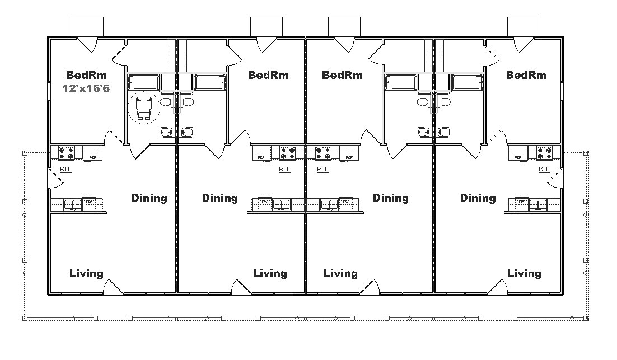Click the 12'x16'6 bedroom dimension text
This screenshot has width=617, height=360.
point(86,88)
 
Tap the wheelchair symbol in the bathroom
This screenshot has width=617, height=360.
point(143,107)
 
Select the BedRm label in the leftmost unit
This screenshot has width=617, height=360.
point(86,74)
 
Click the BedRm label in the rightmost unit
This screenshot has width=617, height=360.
point(526,74)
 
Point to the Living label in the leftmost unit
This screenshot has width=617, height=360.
point(86,273)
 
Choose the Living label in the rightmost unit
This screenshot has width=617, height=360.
point(524,273)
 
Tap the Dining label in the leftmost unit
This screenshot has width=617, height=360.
point(149,198)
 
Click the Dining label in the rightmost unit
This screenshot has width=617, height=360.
point(478,198)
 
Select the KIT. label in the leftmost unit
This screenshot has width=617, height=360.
point(66,169)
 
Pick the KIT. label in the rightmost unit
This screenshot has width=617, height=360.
point(544,169)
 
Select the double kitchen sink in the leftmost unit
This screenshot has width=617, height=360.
point(72,205)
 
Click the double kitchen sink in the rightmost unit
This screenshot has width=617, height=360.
point(538,205)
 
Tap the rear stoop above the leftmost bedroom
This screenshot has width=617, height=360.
point(87,26)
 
